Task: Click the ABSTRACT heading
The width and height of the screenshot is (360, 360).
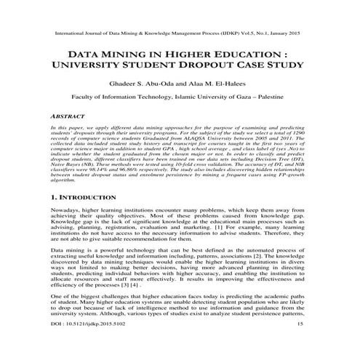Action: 60,116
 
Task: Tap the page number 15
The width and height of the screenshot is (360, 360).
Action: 309,343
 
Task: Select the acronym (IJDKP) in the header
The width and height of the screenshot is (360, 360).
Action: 231,34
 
